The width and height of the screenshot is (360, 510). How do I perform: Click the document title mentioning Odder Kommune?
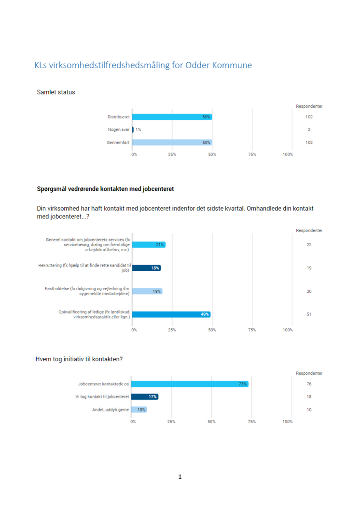143,65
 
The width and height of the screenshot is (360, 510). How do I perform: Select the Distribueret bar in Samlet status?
172,117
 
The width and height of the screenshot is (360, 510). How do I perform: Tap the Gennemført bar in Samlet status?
172,142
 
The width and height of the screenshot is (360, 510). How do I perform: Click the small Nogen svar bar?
133,129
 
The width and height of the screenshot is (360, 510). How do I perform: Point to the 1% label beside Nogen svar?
138,129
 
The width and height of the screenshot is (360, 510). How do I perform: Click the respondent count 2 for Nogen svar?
309,129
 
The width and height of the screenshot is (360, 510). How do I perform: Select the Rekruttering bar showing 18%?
146,268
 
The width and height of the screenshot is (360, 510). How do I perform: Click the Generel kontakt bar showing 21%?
148,244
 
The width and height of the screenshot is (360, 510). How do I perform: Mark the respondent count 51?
309,314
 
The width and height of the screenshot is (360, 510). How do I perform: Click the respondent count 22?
309,244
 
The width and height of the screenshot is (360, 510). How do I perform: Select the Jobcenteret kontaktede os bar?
190,384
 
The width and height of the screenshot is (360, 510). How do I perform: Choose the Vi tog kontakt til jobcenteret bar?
145,397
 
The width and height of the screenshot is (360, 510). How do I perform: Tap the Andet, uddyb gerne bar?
139,410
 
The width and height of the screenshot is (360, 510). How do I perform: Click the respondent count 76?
309,384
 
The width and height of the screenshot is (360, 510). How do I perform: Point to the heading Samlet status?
56,92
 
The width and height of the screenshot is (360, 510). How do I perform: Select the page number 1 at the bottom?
180,477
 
